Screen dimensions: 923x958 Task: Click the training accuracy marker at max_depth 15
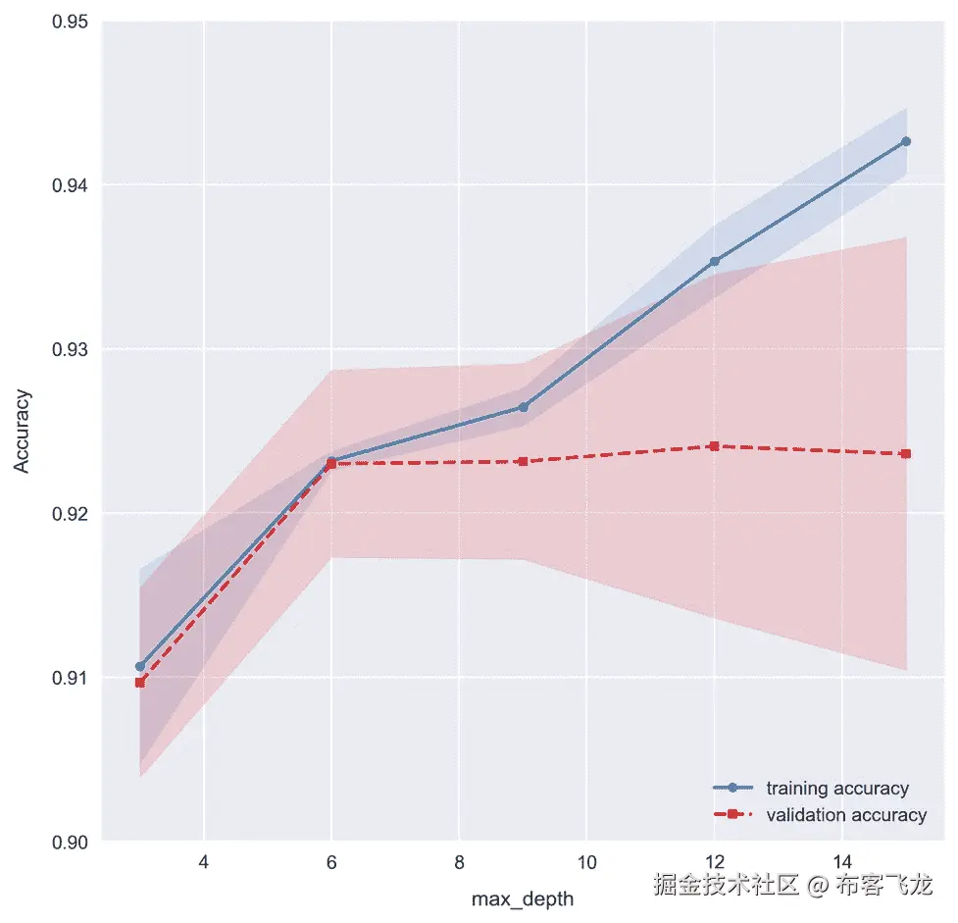pyautogui.click(x=905, y=141)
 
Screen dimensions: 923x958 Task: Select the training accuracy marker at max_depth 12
pyautogui.click(x=714, y=261)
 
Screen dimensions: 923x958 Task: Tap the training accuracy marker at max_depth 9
pyautogui.click(x=523, y=407)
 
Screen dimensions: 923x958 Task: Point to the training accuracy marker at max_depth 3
pyautogui.click(x=140, y=666)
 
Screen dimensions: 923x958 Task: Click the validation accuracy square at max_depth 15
pyautogui.click(x=905, y=453)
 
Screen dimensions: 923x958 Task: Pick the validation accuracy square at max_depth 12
pyautogui.click(x=714, y=445)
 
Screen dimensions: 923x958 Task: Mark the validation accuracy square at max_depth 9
pyautogui.click(x=523, y=461)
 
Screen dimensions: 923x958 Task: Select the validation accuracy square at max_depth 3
pyautogui.click(x=140, y=682)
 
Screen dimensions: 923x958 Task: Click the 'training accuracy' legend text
pyautogui.click(x=836, y=788)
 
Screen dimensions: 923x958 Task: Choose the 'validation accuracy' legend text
pyautogui.click(x=845, y=814)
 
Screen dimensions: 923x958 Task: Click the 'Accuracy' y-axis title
pyautogui.click(x=23, y=432)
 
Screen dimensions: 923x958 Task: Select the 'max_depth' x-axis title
pyautogui.click(x=523, y=898)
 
